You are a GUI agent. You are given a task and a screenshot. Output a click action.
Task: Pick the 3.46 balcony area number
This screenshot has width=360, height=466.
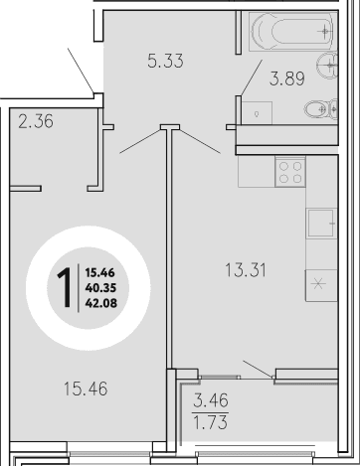point(212,403)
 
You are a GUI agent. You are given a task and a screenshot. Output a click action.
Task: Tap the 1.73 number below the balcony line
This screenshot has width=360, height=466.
point(212,427)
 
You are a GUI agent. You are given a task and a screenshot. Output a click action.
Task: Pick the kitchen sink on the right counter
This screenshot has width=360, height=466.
point(320,223)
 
